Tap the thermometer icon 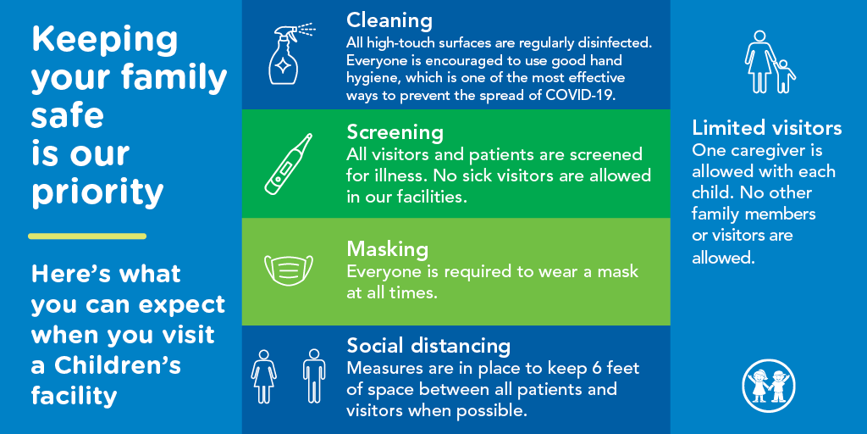pos(289,164)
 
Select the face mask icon pos(288,270)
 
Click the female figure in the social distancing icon pos(263,376)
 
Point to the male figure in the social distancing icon pos(314,376)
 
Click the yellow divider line pos(87,236)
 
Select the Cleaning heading pos(389,20)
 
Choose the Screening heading pos(395,132)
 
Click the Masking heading pos(387,249)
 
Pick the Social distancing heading pos(428,346)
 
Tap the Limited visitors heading pos(766,128)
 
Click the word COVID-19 pos(577,95)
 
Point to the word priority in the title pos(97,192)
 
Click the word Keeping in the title pos(105,39)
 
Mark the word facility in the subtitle pos(74,395)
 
